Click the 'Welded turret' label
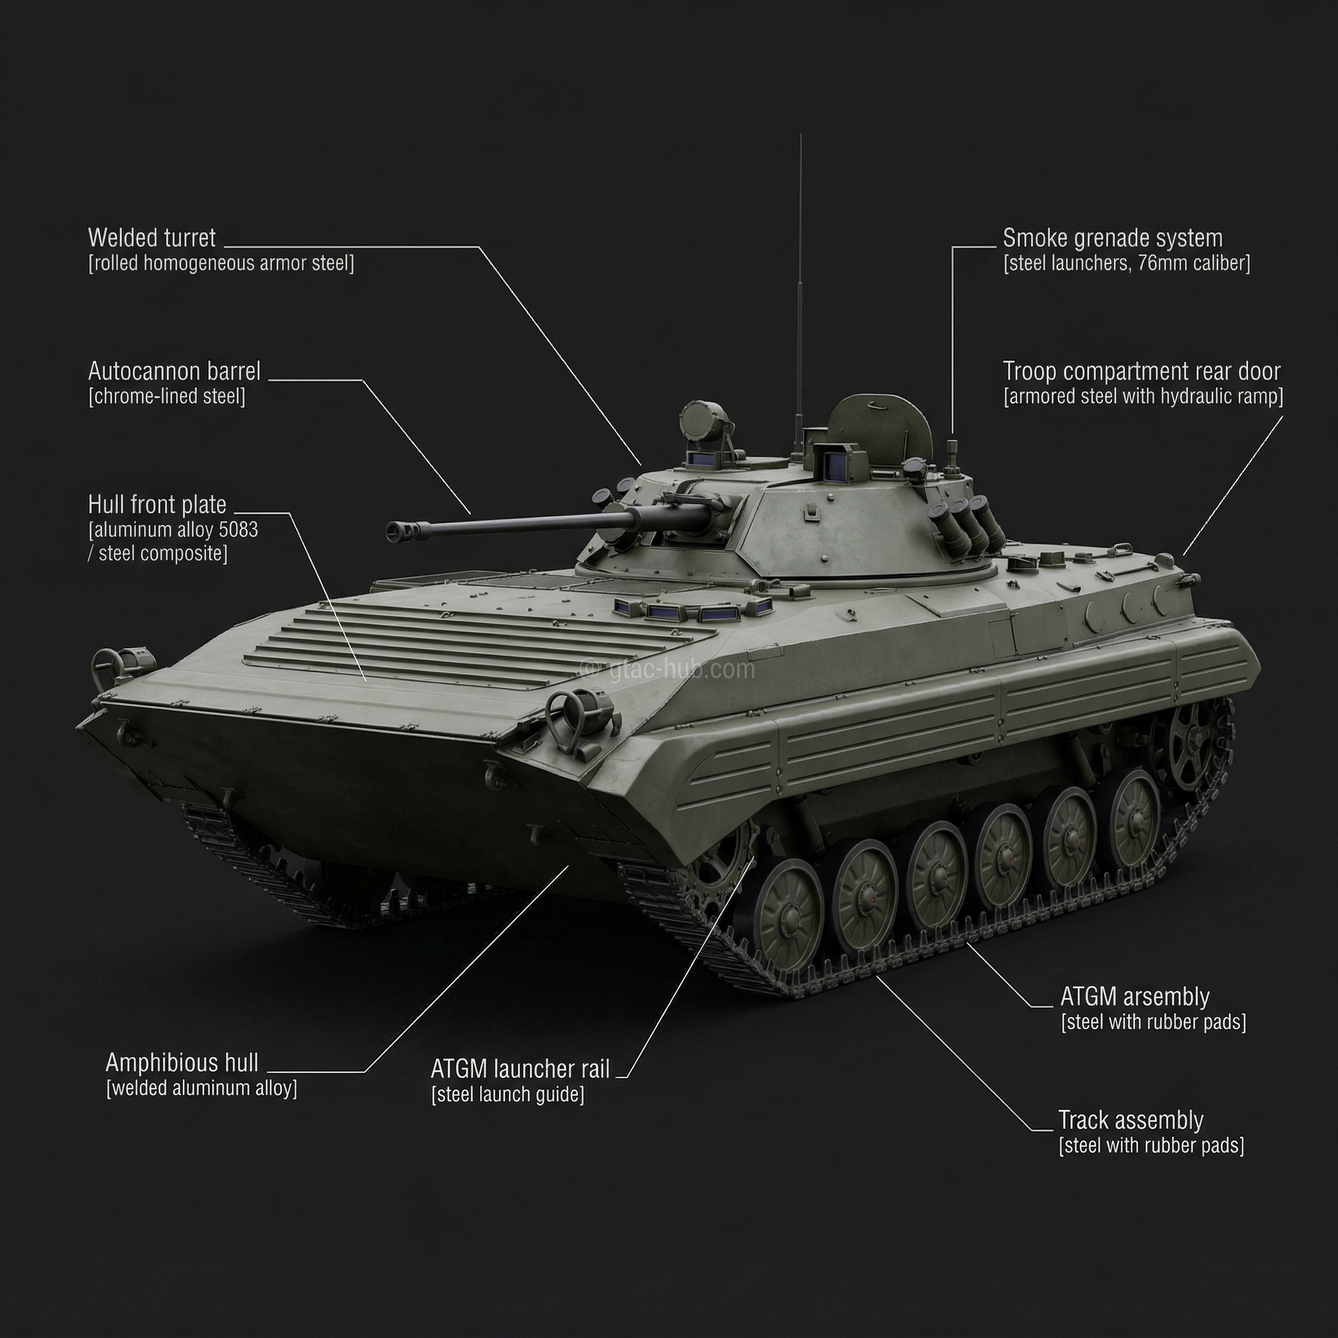(x=152, y=238)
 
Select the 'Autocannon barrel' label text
(x=174, y=372)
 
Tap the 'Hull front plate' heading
(x=157, y=505)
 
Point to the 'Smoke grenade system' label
(x=1112, y=238)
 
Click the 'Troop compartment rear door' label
(x=1141, y=372)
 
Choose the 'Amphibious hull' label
(x=182, y=1062)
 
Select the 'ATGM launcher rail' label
(x=519, y=1069)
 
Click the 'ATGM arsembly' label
(x=1134, y=997)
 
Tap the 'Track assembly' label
(x=1130, y=1120)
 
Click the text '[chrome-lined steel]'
(x=167, y=397)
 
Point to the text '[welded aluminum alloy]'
(x=201, y=1088)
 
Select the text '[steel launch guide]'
(x=508, y=1095)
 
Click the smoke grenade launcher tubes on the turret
(x=966, y=527)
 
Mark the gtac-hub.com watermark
(x=668, y=669)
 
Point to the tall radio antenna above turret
(x=800, y=277)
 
